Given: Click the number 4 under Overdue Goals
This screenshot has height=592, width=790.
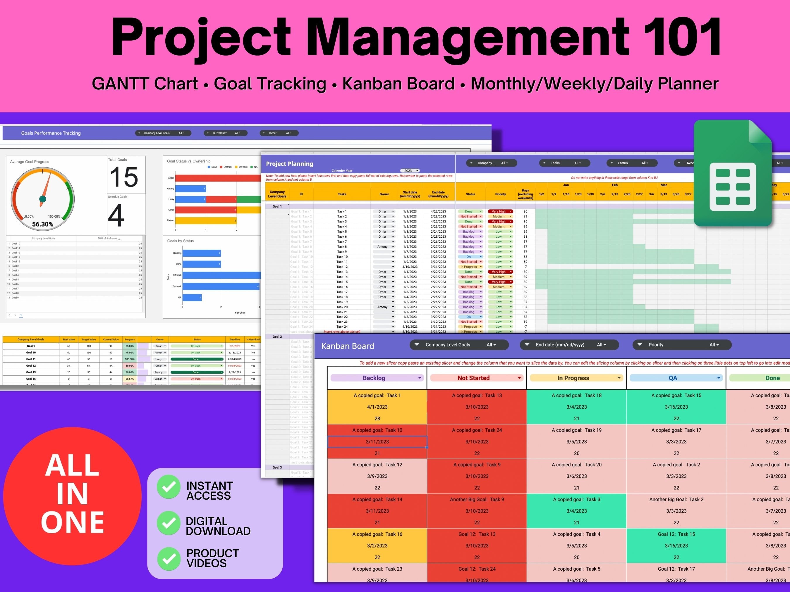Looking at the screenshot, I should (x=116, y=215).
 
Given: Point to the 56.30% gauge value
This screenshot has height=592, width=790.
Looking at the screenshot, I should (x=42, y=225).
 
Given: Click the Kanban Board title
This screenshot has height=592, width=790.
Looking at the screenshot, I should (x=348, y=346).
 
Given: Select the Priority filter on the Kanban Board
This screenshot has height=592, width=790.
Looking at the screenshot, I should (x=682, y=345).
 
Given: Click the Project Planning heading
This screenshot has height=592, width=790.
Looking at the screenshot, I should (x=289, y=164).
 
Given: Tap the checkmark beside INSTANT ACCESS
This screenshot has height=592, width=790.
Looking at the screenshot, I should (x=169, y=487).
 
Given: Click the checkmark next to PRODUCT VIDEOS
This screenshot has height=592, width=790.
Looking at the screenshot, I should (x=169, y=558).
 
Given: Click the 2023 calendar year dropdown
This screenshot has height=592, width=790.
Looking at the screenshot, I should (x=410, y=170).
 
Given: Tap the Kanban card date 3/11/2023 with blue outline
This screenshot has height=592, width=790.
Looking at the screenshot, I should (x=377, y=442).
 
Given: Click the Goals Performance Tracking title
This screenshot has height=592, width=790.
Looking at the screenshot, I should (x=51, y=133).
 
